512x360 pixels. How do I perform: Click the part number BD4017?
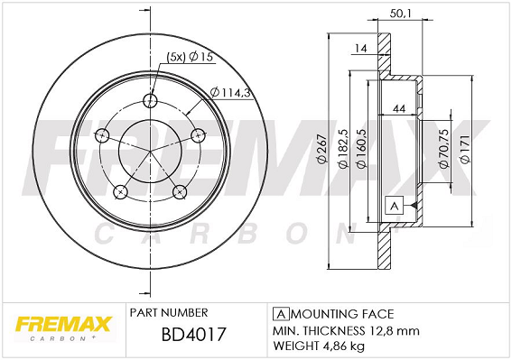tap(193, 334)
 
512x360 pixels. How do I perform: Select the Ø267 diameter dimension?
tap(321, 149)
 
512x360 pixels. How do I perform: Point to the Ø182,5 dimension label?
tap(343, 149)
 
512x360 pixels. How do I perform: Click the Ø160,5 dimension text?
tap(361, 149)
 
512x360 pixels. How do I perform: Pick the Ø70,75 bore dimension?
tap(443, 149)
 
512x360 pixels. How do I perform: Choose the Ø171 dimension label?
tap(465, 149)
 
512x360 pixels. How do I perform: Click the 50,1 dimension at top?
tap(401, 14)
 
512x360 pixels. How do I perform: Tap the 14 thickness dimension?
tap(361, 49)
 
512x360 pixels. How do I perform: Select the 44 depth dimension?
tap(399, 108)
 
